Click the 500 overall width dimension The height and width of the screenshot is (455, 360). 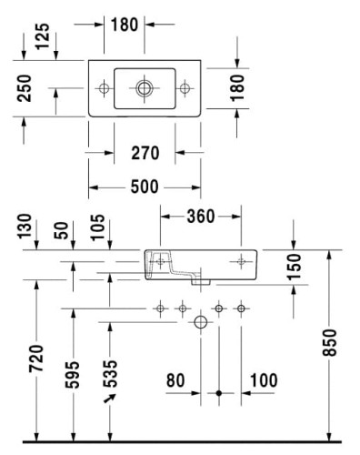(x=145, y=187)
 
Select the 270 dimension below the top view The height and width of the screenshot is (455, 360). (x=145, y=153)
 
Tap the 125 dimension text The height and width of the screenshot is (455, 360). (x=43, y=36)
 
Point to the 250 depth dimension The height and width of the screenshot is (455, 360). (x=25, y=88)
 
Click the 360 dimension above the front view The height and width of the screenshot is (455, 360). (x=201, y=217)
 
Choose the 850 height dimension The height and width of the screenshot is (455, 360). (x=329, y=342)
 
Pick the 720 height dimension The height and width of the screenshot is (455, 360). (x=36, y=359)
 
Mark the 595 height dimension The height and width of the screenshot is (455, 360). (x=73, y=375)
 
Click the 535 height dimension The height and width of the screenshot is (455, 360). (x=110, y=374)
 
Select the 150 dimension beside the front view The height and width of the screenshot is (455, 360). (x=294, y=267)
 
